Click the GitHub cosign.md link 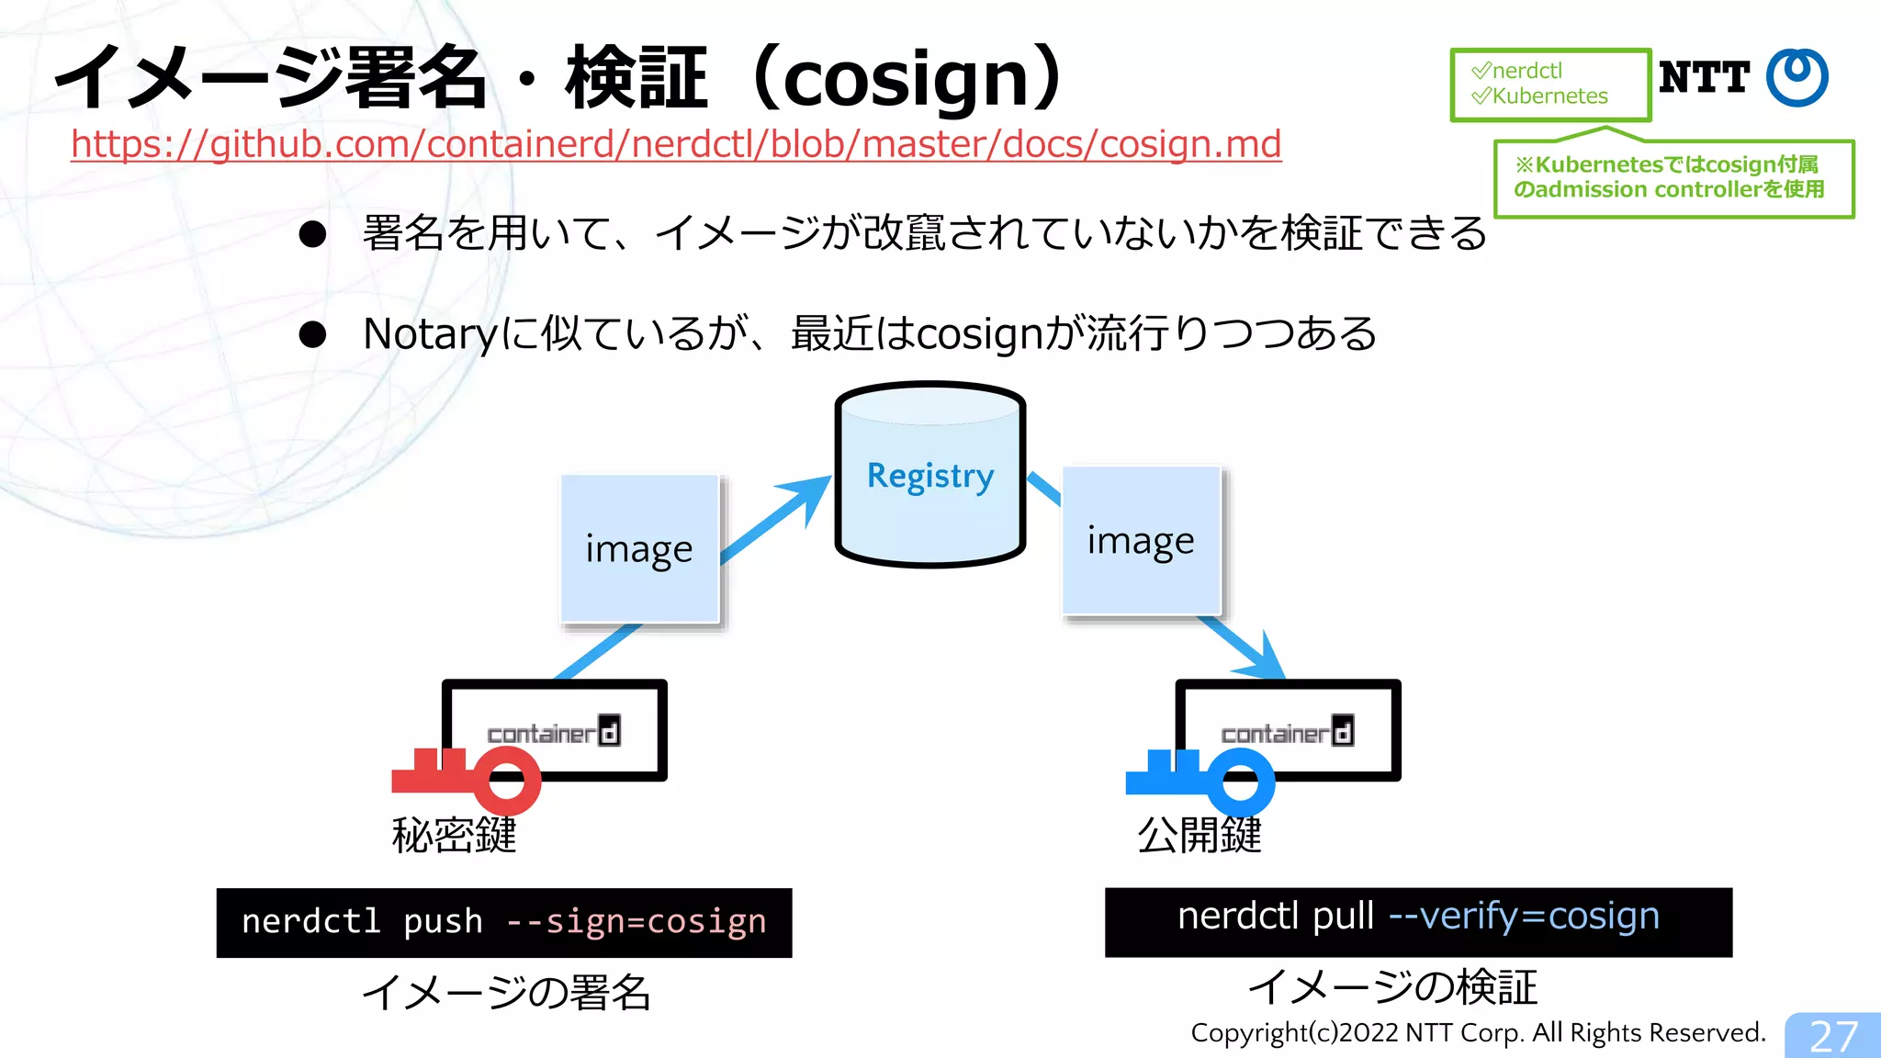pyautogui.click(x=676, y=144)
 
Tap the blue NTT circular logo pyautogui.click(x=1797, y=77)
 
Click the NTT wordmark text pyautogui.click(x=1704, y=77)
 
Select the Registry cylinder pyautogui.click(x=929, y=476)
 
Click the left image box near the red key pyautogui.click(x=639, y=549)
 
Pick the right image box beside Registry pyautogui.click(x=1141, y=541)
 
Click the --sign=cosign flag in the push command pyautogui.click(x=636, y=921)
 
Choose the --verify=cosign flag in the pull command pyautogui.click(x=1524, y=916)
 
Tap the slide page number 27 pyautogui.click(x=1833, y=1036)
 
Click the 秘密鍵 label pyautogui.click(x=454, y=835)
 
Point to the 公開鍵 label pyautogui.click(x=1200, y=835)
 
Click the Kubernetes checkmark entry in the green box pyautogui.click(x=1541, y=96)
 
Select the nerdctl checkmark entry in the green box pyautogui.click(x=1518, y=71)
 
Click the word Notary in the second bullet pyautogui.click(x=430, y=334)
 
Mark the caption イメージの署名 pyautogui.click(x=506, y=993)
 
